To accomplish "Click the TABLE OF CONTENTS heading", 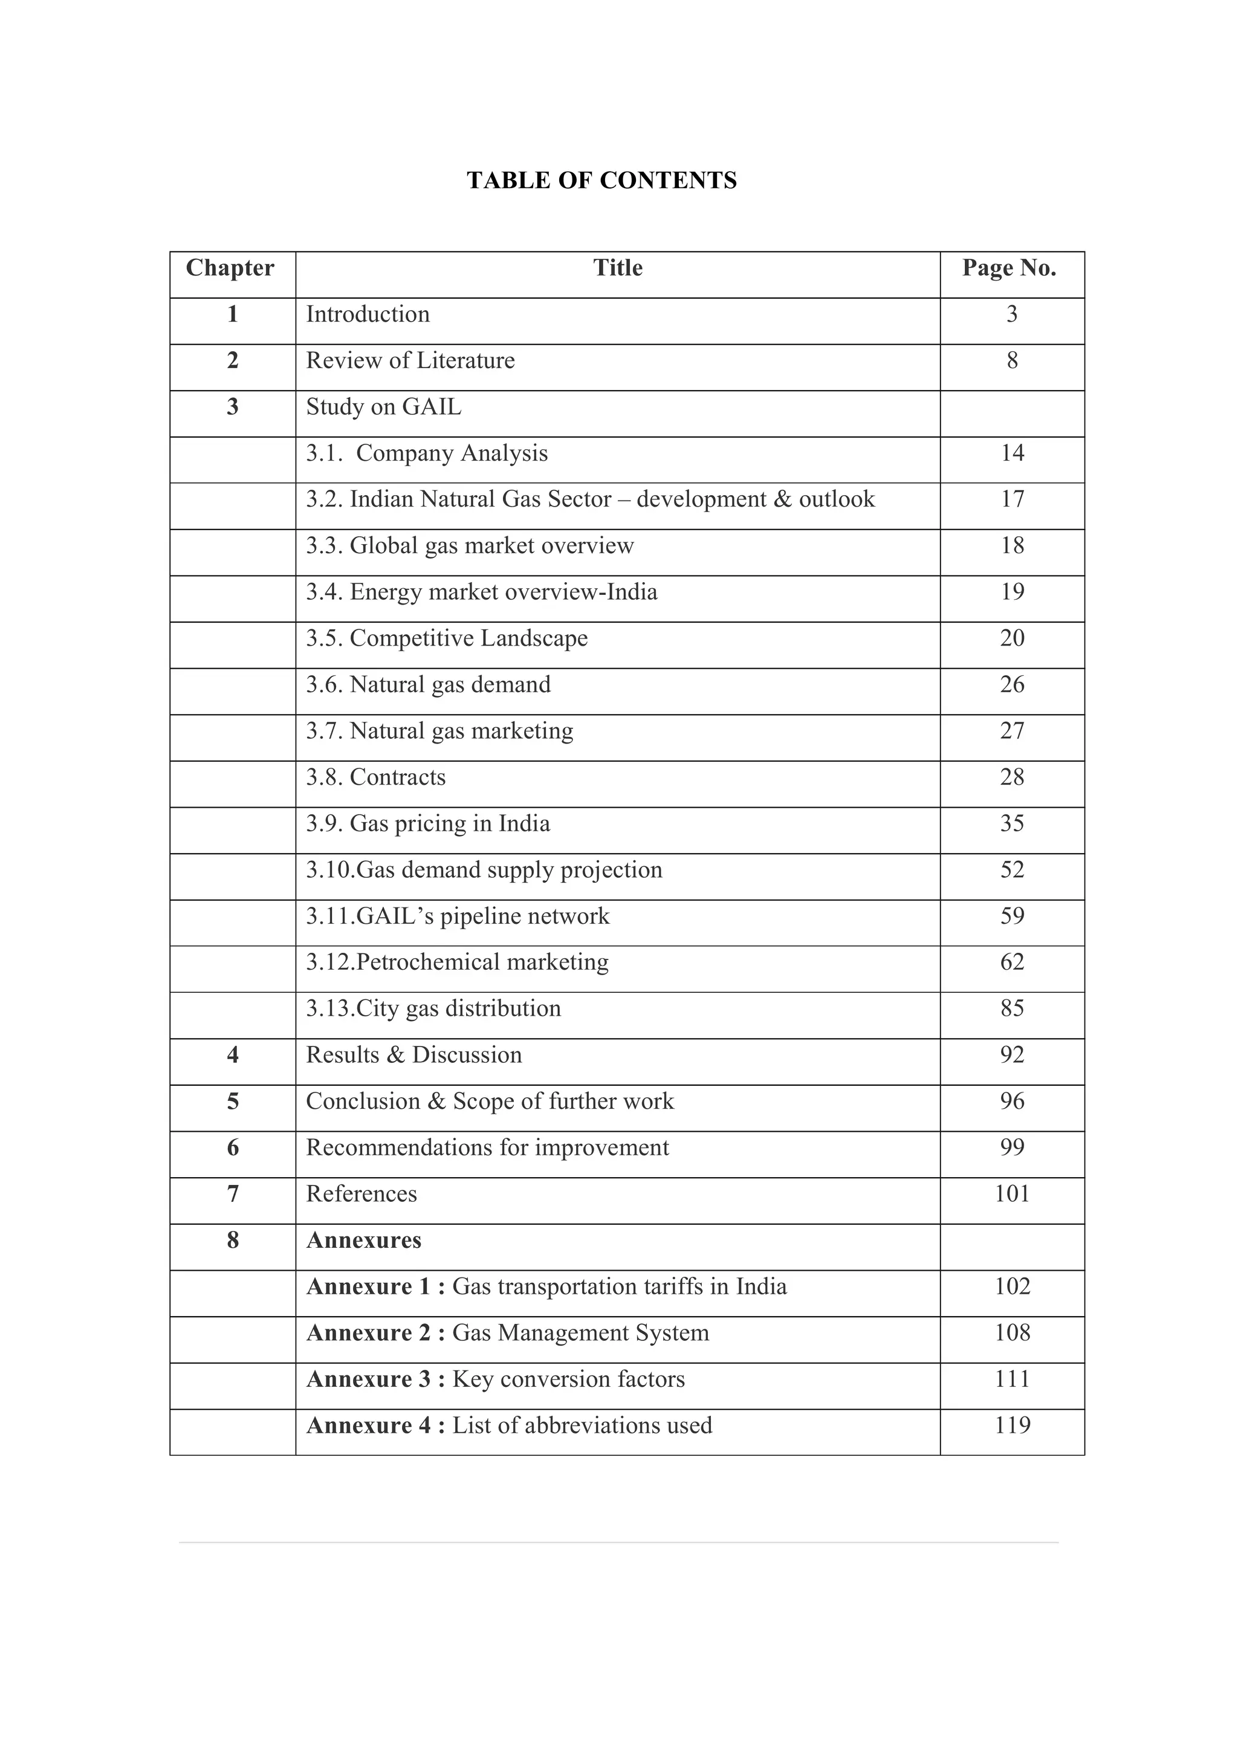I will pos(601,180).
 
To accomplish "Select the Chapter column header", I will pos(230,268).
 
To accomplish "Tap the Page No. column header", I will pos(1008,268).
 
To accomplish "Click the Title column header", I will pos(617,268).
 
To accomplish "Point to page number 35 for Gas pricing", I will pos(1011,823).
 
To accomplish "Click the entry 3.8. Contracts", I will pos(376,777).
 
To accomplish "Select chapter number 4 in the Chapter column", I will pos(233,1054).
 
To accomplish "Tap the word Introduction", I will pos(368,314).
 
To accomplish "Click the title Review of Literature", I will pos(410,361).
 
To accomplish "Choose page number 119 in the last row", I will pos(1011,1425).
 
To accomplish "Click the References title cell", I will pos(361,1193).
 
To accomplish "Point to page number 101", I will pos(1011,1193).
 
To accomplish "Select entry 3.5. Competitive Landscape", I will pos(447,638).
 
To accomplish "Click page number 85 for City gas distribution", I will pos(1011,1008).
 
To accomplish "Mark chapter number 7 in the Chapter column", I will pos(233,1193).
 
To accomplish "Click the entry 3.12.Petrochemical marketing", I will pos(458,962).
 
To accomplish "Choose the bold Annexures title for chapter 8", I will pos(364,1240).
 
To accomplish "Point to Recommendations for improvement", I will pos(487,1147).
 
